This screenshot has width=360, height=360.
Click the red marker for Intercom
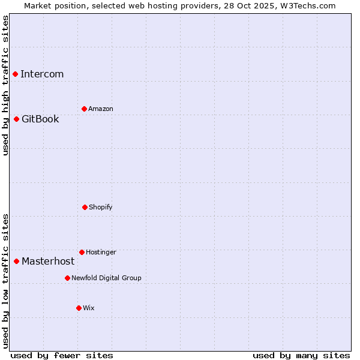[16, 74]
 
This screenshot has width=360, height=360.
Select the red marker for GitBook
[17, 119]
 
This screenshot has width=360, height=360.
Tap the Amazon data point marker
[84, 109]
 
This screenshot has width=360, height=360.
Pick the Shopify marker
[85, 207]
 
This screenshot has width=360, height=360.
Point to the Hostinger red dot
[82, 252]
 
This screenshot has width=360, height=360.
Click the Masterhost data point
[17, 261]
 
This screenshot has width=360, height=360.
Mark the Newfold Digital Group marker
[67, 278]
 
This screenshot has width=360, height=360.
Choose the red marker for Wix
[79, 308]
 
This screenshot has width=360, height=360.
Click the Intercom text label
[42, 74]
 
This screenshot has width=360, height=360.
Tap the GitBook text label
[40, 119]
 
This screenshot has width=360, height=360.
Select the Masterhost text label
[48, 262]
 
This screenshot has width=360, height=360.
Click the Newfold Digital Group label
[106, 278]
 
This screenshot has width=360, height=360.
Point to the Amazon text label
[101, 109]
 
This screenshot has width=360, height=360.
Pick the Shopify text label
[101, 208]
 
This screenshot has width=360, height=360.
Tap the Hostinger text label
[101, 253]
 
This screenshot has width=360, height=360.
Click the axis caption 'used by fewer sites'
[62, 355]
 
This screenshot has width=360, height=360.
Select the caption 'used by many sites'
[301, 355]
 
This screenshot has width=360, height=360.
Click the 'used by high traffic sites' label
[6, 85]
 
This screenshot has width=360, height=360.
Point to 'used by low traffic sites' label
[6, 281]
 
